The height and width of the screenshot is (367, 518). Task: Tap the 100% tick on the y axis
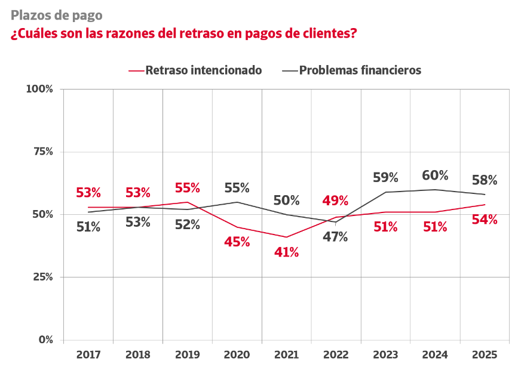pos(40,89)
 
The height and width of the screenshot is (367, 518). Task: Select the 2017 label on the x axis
pos(88,354)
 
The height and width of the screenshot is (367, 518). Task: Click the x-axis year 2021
pos(286,354)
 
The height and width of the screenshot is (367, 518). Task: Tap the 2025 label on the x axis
pos(485,354)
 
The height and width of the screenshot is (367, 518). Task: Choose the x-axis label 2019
pos(187,354)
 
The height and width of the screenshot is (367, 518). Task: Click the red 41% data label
pos(286,252)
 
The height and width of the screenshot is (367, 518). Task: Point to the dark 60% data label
pos(435,175)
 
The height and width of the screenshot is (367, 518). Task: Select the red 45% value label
pos(237,242)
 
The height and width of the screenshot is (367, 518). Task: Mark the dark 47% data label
pos(335,237)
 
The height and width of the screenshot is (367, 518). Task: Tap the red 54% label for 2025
pos(485,220)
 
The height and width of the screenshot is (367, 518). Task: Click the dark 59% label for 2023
pos(385,177)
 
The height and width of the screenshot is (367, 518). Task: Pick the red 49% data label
pos(335,200)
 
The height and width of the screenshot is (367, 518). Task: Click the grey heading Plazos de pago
pos(56,15)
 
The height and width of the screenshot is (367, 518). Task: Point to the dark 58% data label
pos(485,180)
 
